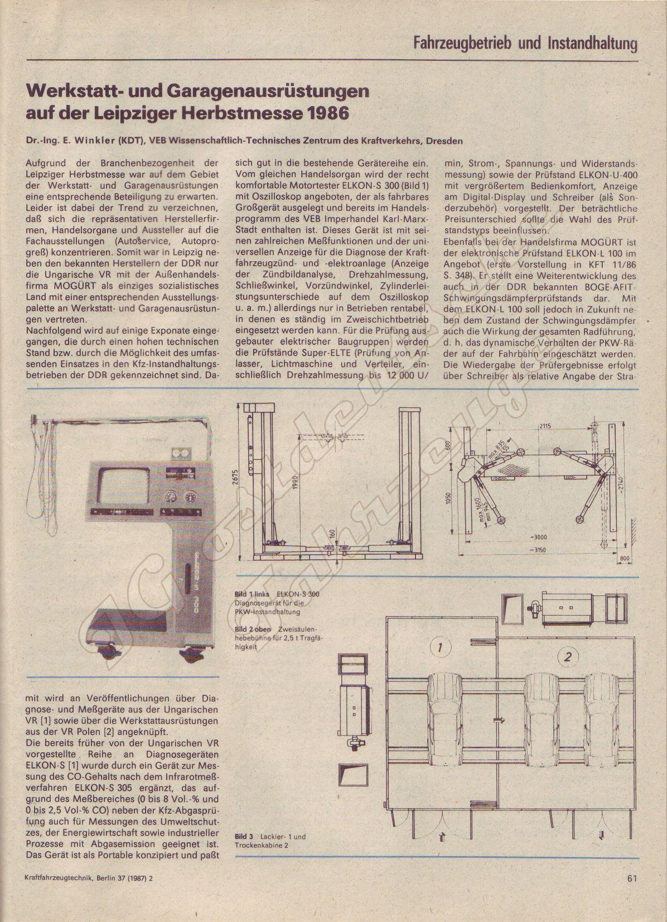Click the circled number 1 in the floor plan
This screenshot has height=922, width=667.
click(440, 648)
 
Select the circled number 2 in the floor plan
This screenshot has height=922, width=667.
click(567, 656)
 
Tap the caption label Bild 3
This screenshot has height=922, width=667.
click(244, 837)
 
